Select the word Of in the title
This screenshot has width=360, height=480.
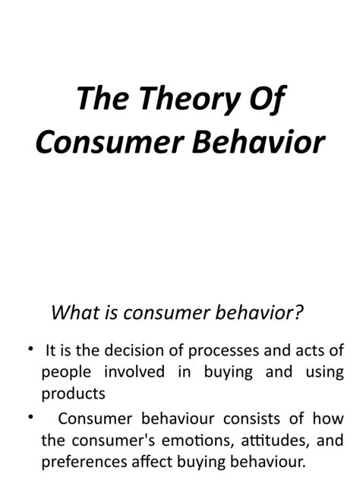tap(270, 100)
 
